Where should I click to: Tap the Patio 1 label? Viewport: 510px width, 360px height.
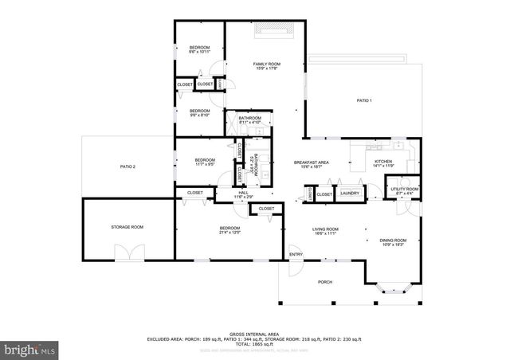pos(364,100)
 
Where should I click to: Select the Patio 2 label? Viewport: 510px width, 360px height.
pos(128,166)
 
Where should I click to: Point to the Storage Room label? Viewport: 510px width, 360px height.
pos(127,228)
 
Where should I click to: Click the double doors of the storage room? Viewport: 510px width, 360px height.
pos(127,253)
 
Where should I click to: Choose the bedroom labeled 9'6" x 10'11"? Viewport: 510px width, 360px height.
pos(199,50)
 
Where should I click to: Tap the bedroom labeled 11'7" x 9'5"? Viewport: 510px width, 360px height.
pos(206,162)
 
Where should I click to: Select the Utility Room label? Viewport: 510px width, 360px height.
pos(405,190)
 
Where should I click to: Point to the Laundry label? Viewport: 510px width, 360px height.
pos(350,194)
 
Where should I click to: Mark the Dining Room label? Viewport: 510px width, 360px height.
pos(393,242)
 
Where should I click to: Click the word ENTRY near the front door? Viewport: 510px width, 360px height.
pos(296,255)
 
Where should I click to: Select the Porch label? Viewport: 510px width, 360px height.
pos(325,282)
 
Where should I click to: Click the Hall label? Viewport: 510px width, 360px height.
pos(243,194)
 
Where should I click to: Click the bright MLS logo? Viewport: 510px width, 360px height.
pos(31,349)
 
